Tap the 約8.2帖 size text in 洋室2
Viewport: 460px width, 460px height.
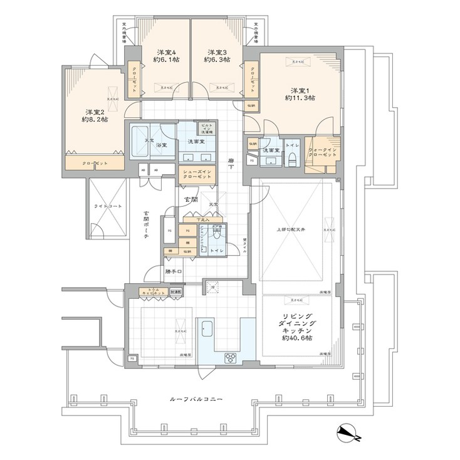click(x=93, y=119)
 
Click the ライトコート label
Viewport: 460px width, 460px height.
click(x=107, y=206)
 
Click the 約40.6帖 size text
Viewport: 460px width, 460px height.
click(x=297, y=338)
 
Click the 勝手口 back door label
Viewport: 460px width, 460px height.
click(x=174, y=271)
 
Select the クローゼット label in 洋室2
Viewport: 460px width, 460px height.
click(x=95, y=164)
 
